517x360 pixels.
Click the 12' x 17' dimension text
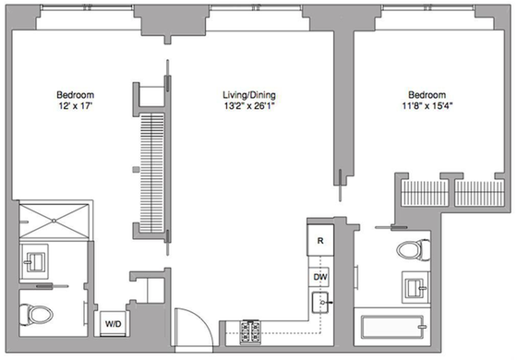coord(75,107)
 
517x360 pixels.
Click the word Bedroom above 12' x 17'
coord(75,95)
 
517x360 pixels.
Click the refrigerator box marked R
coord(319,241)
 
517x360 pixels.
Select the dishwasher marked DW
coord(319,277)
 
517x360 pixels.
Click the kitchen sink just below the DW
coord(321,301)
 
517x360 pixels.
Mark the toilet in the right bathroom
coord(413,248)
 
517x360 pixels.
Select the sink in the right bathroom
coord(415,285)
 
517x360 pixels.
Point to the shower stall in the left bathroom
coord(54,222)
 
